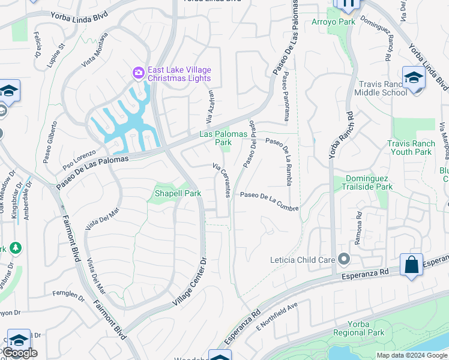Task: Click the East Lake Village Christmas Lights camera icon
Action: click(x=139, y=73)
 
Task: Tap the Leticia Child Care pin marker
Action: click(x=344, y=259)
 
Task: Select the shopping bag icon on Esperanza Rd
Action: click(x=411, y=265)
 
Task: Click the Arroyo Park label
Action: click(x=334, y=22)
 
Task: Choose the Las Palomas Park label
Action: click(x=215, y=139)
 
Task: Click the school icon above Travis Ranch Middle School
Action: click(x=414, y=78)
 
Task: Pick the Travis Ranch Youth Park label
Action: click(x=409, y=148)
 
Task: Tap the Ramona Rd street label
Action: click(x=358, y=223)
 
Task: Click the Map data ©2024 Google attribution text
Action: click(x=412, y=355)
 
